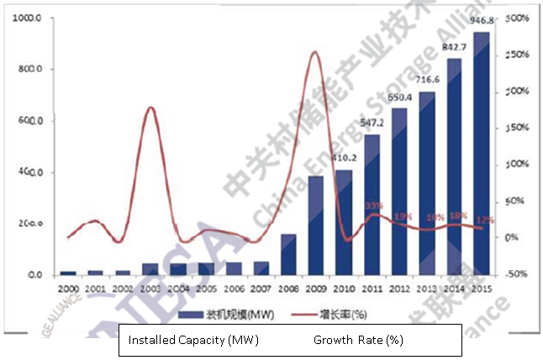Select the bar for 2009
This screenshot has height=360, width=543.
click(316, 225)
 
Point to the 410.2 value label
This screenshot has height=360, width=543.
click(344, 157)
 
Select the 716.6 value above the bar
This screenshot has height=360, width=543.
click(427, 79)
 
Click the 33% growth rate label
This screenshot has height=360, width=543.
click(372, 204)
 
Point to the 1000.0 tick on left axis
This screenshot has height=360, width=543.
click(29, 18)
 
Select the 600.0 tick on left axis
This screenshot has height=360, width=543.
click(29, 121)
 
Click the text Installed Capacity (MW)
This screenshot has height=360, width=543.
click(192, 340)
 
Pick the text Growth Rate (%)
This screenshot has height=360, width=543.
click(359, 340)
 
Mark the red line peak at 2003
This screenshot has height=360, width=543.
click(150, 108)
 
